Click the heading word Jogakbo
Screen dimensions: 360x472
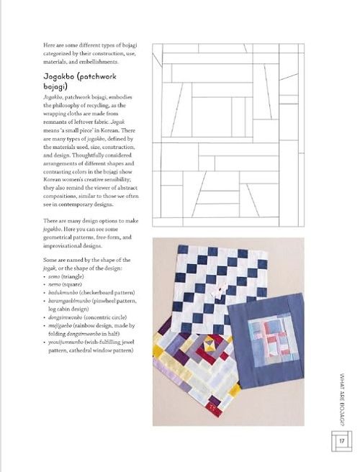59,77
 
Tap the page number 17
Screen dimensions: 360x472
341,441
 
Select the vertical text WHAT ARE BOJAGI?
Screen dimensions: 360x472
341,399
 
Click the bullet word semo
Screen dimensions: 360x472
54,276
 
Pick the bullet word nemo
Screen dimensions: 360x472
54,284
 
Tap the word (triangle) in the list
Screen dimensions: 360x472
73,276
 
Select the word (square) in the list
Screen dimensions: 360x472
72,284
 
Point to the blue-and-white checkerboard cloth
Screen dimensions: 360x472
219,289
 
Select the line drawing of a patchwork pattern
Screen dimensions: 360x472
228,135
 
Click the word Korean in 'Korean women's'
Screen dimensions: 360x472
52,179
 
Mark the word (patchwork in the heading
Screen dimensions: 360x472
96,77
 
